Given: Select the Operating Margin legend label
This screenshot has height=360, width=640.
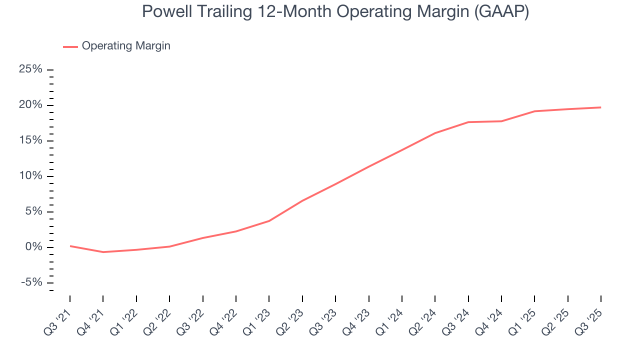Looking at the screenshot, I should point(126,46).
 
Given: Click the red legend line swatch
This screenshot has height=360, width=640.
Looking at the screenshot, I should point(70,46).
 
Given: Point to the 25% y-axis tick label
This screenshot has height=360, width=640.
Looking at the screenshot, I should point(30,69).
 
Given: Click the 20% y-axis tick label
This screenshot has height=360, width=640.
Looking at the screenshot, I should point(30,105).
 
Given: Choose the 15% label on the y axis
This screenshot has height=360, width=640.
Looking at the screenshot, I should point(30,140).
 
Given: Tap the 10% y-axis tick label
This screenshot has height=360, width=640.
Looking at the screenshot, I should point(30,176).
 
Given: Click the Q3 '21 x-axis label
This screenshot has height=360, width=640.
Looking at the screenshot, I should point(58,316).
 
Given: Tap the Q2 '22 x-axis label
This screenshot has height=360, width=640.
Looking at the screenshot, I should point(158,316).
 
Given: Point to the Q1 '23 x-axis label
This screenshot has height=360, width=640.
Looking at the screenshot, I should point(257,316).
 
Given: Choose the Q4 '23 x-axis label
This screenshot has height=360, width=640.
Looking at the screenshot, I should point(357,316).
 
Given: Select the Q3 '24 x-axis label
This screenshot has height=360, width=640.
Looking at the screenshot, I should point(456,316).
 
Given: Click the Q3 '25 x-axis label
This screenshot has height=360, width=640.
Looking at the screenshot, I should point(589,316).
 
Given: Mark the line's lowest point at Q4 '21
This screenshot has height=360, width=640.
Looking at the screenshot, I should point(103,252).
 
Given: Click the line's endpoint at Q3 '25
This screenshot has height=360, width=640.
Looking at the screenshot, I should point(600,107).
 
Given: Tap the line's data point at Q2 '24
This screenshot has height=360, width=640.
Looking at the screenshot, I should point(435,133).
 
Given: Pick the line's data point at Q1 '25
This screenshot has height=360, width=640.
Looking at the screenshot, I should point(534,111).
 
